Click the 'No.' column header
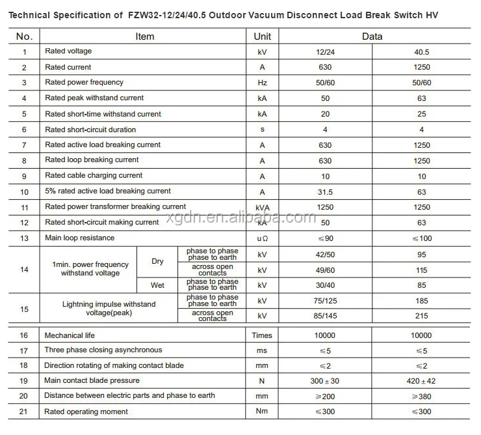24,36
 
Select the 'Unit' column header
262,36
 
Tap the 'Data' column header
372,36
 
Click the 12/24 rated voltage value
325,51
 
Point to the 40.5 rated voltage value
421,51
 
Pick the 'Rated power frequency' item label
84,83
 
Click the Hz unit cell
262,83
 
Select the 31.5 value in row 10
325,191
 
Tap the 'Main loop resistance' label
79,238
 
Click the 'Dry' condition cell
157,262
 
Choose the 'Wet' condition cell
157,285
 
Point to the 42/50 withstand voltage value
325,255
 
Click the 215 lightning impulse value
421,316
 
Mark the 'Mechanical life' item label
70,336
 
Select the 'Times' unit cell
262,336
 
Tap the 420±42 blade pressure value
421,381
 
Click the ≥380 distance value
421,396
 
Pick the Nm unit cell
262,412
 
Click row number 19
24,381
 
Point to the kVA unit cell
262,207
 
